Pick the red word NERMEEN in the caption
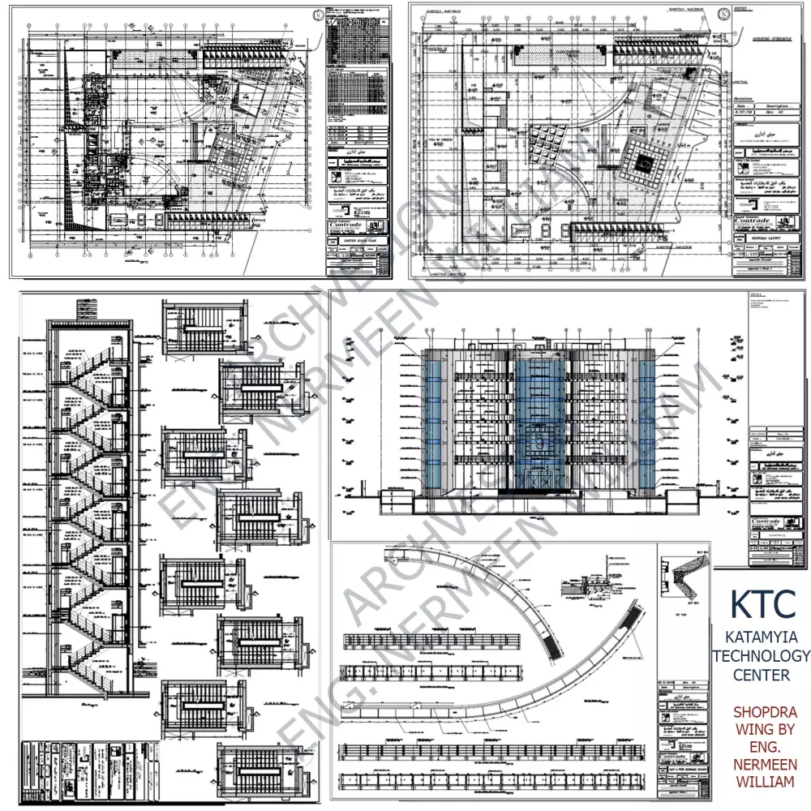pos(765,765)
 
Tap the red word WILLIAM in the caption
pos(765,783)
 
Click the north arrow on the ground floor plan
pos(317,14)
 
